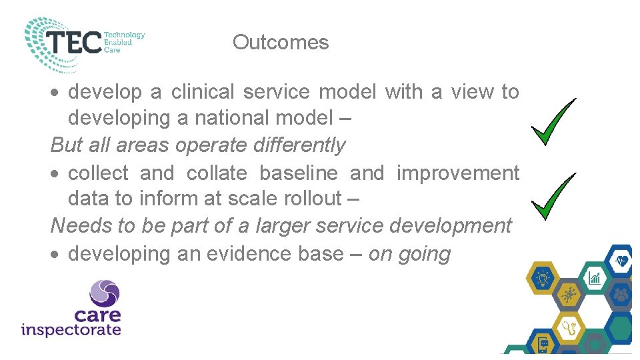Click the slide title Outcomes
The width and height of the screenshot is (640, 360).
click(x=281, y=43)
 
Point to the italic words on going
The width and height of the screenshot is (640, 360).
click(x=410, y=254)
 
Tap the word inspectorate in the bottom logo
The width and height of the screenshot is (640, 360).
click(x=71, y=329)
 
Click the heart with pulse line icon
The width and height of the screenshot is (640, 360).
click(x=621, y=261)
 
